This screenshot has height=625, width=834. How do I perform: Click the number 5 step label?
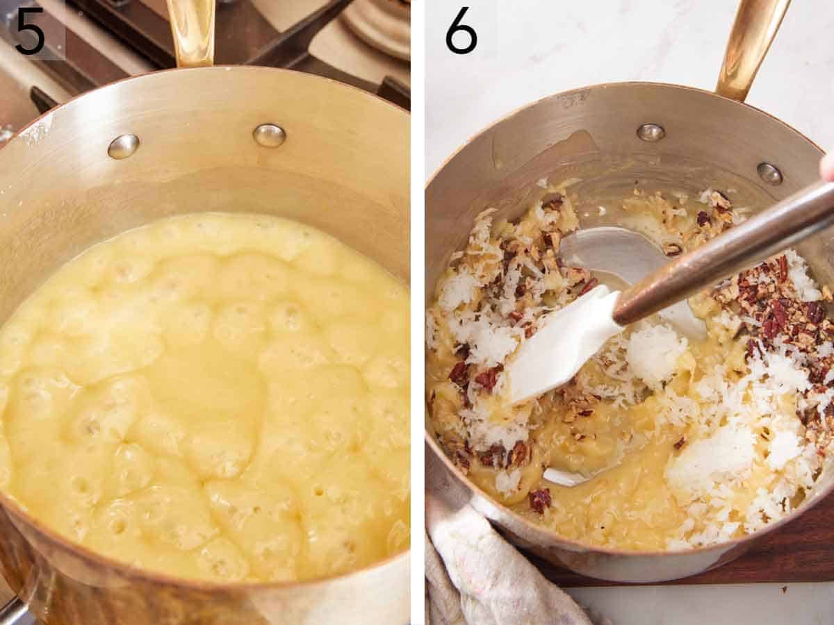coord(29,31)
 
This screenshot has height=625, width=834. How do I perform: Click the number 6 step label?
coord(461,31)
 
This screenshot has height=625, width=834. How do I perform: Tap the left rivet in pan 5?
coord(123,146)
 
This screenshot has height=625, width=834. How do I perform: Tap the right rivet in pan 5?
coord(269,135)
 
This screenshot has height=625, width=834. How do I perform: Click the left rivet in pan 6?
coord(651,132)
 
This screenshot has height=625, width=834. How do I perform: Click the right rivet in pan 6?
coord(769,173)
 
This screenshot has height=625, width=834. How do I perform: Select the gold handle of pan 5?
coord(191,31)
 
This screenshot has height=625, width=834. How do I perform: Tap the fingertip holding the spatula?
coord(828,167)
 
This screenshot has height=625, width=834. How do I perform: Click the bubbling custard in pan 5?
coord(202,389)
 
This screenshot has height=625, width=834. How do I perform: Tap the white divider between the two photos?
coord(417,312)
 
